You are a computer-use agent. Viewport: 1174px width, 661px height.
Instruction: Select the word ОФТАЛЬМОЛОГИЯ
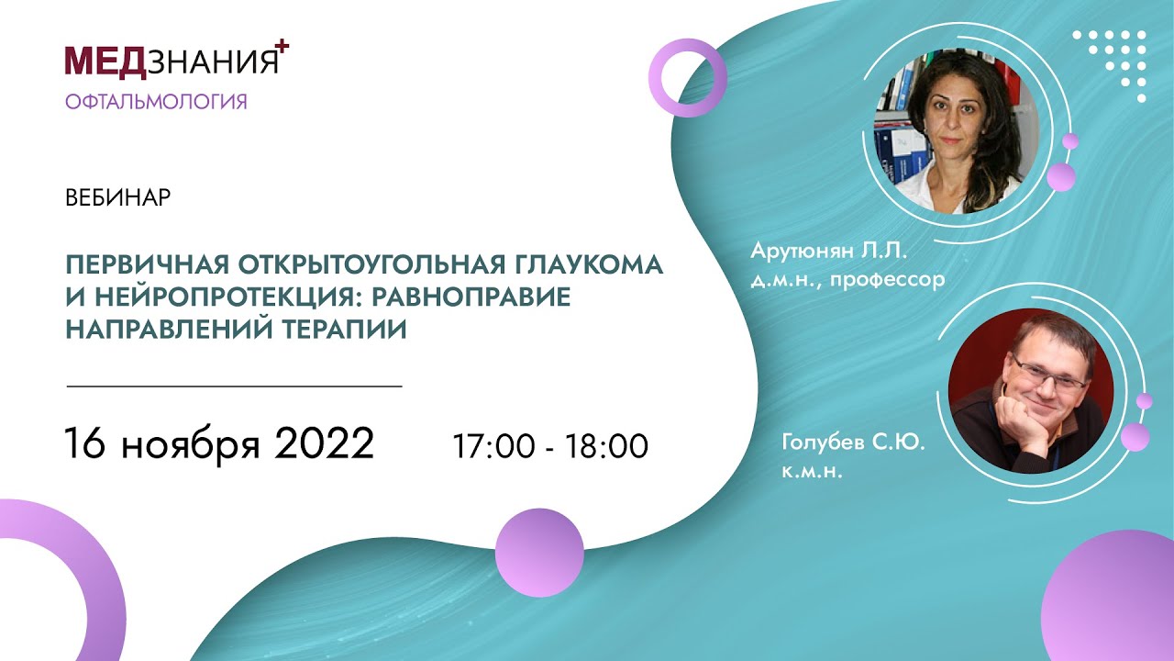click(x=156, y=101)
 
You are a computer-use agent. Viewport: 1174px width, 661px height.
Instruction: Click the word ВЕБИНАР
click(x=118, y=198)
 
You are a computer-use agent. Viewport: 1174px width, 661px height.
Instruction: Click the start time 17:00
click(x=492, y=446)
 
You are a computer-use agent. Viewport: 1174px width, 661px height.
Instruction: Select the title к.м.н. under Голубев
click(x=812, y=474)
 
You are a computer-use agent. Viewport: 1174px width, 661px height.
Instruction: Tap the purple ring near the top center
click(x=688, y=78)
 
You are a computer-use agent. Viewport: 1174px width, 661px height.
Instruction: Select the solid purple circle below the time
click(x=539, y=553)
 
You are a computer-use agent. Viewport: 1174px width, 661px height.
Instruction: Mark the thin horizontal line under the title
click(x=235, y=387)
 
